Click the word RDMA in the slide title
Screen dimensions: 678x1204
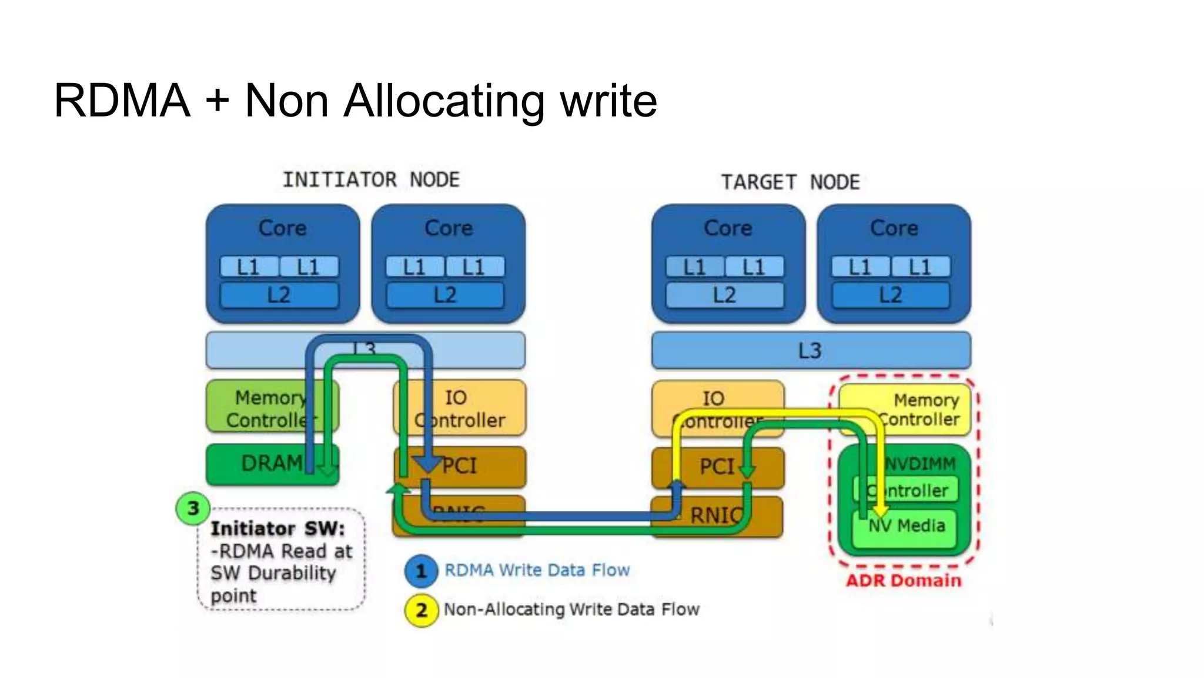click(x=122, y=101)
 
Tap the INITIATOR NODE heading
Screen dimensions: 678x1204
click(x=371, y=180)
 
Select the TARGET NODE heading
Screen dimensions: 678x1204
click(x=790, y=182)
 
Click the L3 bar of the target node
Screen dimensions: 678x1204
click(x=810, y=351)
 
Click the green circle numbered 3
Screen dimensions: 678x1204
click(x=193, y=508)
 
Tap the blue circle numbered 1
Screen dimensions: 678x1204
click(x=421, y=571)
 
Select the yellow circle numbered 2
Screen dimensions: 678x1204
click(x=421, y=610)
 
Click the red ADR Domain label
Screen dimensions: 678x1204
click(x=903, y=580)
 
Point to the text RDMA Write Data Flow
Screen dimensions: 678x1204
click(x=537, y=570)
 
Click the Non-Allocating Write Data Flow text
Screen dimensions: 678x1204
click(x=571, y=609)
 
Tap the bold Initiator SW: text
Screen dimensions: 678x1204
click(x=277, y=529)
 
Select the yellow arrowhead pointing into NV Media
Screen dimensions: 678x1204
click(x=881, y=510)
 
